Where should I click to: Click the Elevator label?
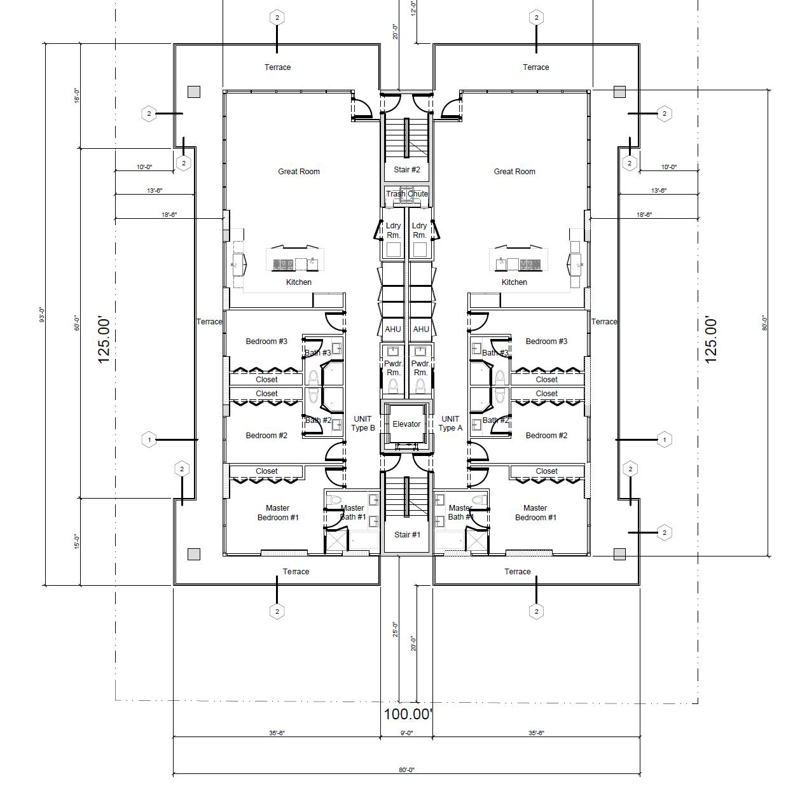tap(406, 424)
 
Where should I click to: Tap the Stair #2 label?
tap(406, 170)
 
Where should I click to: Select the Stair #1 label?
tap(407, 534)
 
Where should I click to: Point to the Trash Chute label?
tap(407, 193)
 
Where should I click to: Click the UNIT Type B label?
tap(362, 424)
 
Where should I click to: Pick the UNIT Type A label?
tap(450, 424)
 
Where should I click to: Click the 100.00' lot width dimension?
tap(408, 714)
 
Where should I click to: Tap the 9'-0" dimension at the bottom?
tap(407, 733)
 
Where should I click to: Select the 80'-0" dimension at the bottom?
tap(406, 770)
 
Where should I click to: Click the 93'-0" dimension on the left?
tap(42, 315)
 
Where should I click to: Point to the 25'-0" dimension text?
tap(395, 630)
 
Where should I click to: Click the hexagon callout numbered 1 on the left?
tap(149, 439)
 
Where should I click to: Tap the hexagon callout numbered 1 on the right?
tap(665, 439)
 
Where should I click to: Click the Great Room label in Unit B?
tap(299, 171)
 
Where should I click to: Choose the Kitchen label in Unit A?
tap(514, 282)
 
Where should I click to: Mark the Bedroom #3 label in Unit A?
tap(546, 341)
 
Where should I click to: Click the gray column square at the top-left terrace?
tap(194, 92)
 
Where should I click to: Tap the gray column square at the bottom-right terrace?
tap(619, 554)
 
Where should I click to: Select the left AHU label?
tap(393, 329)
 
